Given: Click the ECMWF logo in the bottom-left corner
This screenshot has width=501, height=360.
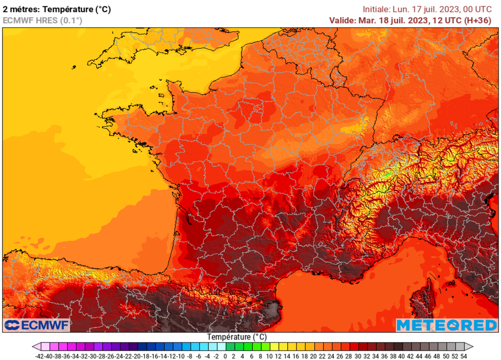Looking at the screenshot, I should point(37,325).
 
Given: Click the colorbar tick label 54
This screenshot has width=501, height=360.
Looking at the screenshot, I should point(463,356).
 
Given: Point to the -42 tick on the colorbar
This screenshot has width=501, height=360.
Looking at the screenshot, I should point(41,356).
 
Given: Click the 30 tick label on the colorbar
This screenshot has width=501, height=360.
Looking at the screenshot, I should point(358,356).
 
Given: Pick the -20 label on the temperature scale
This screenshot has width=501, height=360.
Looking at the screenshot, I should point(137,356).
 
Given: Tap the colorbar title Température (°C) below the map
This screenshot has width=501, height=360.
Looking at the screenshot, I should point(237,337).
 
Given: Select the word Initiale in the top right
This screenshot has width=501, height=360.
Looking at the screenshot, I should point(376,9).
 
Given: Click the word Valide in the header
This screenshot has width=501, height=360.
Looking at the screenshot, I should point(342,20).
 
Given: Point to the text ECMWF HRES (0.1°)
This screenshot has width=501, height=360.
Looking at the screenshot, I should point(43,20).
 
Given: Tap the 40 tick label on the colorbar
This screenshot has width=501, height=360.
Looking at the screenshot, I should point(402,356).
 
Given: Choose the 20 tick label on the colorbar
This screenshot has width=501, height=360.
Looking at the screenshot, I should point(314,356).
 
